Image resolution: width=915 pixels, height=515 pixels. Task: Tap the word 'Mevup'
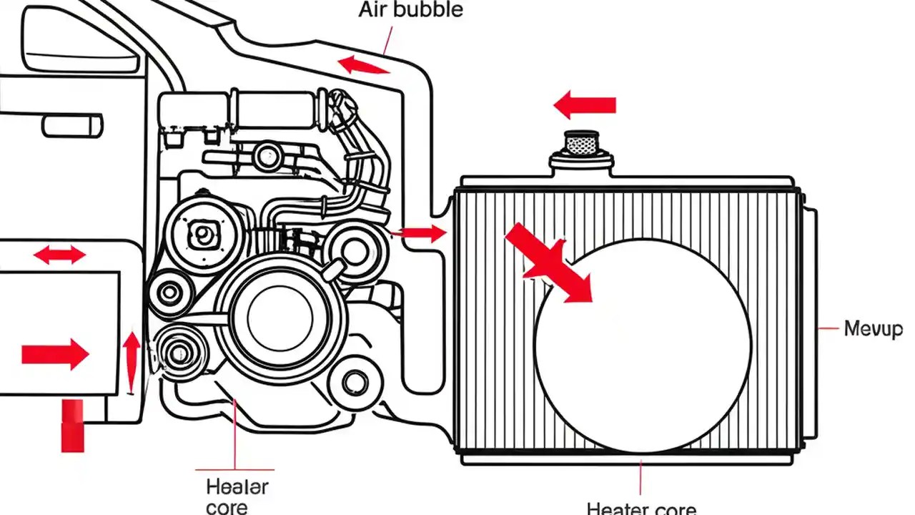coord(873,329)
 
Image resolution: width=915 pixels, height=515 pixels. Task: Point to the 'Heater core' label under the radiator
coord(641,508)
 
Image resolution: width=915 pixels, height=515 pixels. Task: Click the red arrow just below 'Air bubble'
coord(364,66)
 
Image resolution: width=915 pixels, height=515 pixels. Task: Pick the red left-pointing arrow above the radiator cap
coord(584,105)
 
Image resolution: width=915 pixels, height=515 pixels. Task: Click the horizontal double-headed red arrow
coord(59,254)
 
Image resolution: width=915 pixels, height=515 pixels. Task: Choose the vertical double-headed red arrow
coord(131,360)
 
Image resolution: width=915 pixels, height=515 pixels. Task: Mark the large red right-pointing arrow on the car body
coord(55,354)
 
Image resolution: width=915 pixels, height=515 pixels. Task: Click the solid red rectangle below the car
coord(72,426)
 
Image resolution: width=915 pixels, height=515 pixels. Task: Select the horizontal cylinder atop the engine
coord(275,109)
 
